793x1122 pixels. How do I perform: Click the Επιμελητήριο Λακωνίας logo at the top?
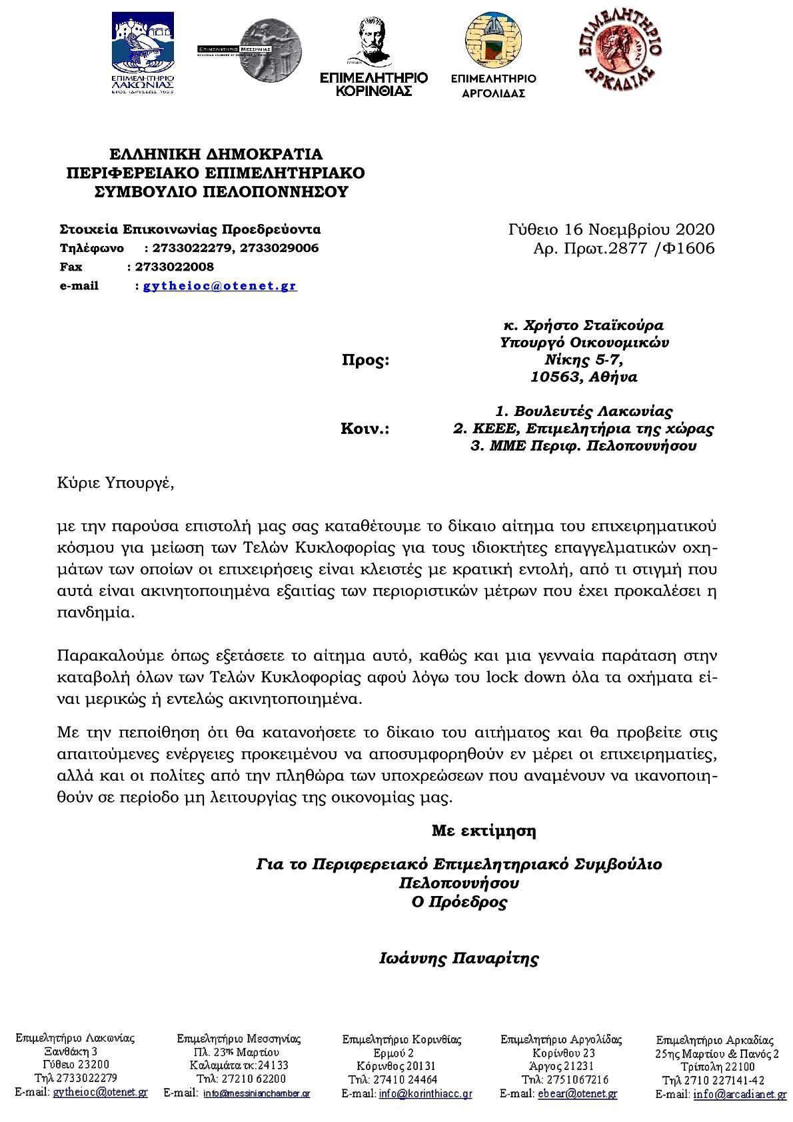point(143,53)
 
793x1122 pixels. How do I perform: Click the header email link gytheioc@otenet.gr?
point(220,286)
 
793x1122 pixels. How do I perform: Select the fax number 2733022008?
point(174,267)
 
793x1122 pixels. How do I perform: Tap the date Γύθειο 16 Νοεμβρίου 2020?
point(611,230)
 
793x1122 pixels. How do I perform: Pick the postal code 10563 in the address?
point(552,377)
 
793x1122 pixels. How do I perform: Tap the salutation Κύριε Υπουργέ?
point(115,482)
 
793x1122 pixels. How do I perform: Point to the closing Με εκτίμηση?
point(484,831)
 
